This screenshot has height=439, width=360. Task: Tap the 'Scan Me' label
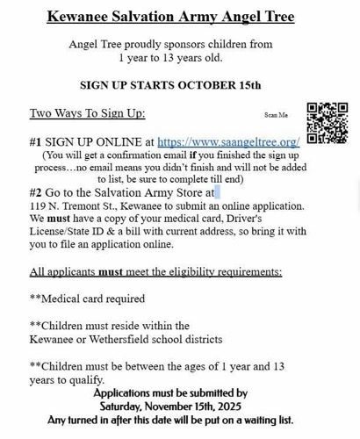(x=276, y=115)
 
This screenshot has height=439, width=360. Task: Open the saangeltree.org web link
(x=228, y=141)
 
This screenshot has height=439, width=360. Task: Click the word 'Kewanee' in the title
(x=76, y=17)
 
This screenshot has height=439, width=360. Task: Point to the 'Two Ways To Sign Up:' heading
(x=87, y=113)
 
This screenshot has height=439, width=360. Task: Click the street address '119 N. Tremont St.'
(x=78, y=205)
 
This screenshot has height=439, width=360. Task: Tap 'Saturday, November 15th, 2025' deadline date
(x=169, y=407)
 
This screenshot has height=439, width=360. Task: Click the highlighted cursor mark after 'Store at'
(x=216, y=191)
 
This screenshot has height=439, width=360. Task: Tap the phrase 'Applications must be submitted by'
(x=169, y=393)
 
